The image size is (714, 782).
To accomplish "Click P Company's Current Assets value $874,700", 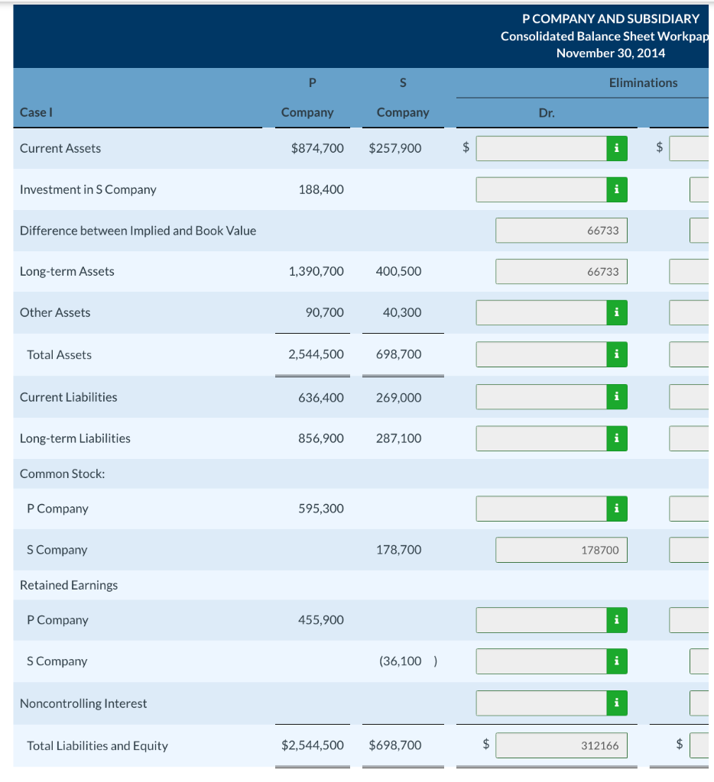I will tap(317, 148).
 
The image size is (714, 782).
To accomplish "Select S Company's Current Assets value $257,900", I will tap(394, 148).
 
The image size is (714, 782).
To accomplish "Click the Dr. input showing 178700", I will tap(561, 550).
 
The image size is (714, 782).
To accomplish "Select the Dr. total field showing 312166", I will tap(561, 745).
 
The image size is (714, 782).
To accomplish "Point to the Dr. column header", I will tap(547, 112).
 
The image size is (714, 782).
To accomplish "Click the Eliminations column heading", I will tap(643, 82).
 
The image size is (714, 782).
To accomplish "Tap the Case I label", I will tap(36, 112).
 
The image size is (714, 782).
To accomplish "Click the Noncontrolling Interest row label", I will tap(83, 703).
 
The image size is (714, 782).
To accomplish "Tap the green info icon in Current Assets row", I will tap(616, 148).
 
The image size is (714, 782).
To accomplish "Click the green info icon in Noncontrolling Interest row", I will tap(616, 703).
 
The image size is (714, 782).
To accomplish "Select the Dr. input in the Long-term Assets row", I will tap(561, 272).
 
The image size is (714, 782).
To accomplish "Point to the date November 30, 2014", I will tap(610, 53).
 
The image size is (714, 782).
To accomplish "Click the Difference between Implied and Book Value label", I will tap(138, 231).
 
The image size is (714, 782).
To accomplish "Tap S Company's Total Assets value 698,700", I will tap(398, 354).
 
